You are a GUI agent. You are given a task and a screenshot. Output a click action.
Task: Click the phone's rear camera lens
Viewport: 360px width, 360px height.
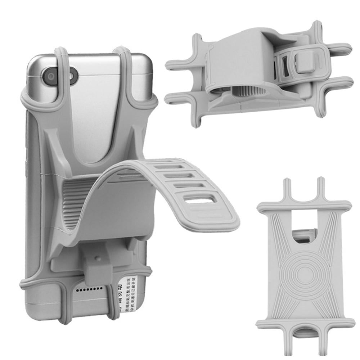pyautogui.click(x=51, y=76)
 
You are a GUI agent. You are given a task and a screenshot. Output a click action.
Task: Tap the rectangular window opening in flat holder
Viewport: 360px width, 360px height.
pyautogui.click(x=305, y=236)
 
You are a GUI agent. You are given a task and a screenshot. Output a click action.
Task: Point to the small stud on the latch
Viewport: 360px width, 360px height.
pyautogui.click(x=98, y=258)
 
